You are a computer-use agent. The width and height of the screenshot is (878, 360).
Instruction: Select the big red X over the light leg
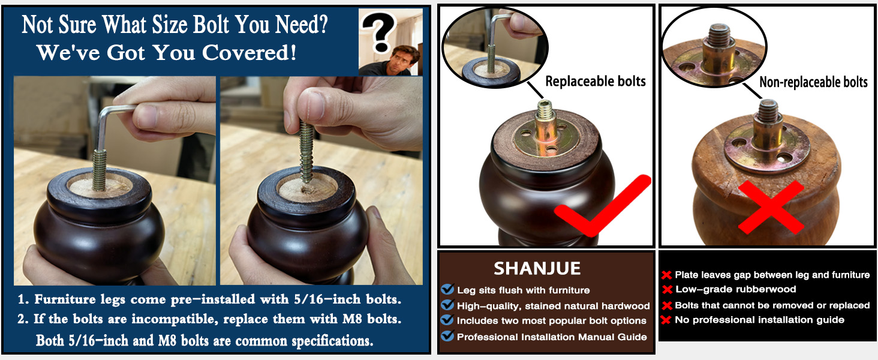771,207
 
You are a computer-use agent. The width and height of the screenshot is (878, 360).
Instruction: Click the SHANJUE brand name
537,269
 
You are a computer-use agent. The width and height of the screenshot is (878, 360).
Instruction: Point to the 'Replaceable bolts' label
596,81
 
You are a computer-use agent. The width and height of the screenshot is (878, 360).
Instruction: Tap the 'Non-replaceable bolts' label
813,82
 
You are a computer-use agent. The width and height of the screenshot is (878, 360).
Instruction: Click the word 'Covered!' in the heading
249,53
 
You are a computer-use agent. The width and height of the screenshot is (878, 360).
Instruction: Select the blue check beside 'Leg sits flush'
447,289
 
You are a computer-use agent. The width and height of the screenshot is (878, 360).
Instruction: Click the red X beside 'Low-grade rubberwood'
667,290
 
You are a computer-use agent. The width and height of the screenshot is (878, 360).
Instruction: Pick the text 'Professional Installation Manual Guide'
552,337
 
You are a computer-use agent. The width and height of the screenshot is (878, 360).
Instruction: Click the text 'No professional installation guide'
759,320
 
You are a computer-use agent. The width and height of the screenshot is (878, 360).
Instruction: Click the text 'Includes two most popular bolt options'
552,321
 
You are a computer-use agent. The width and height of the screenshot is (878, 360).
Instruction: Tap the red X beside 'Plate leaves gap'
667,275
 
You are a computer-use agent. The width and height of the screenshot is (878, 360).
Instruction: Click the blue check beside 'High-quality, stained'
447,305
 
